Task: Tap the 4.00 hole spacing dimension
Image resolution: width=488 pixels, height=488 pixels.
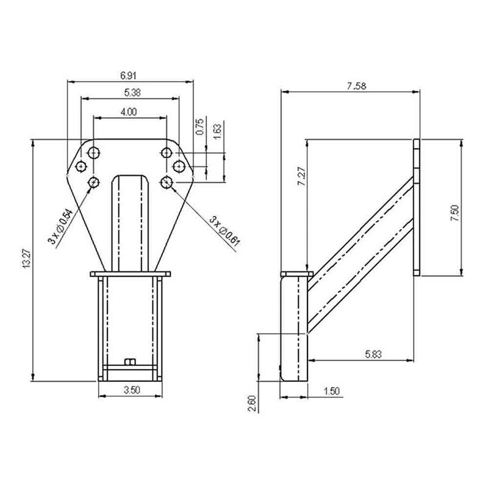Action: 129,112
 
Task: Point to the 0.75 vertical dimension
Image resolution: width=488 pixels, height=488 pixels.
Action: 199,126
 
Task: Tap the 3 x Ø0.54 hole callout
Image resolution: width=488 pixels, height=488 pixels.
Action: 61,226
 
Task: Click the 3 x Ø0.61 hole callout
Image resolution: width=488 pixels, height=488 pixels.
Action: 224,231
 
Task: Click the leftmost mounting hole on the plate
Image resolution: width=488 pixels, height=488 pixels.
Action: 80,166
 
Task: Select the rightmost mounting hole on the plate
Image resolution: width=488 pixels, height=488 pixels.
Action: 178,166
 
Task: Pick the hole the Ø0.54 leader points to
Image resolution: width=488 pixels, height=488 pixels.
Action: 95,181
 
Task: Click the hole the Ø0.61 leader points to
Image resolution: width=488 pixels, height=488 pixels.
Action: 167,181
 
